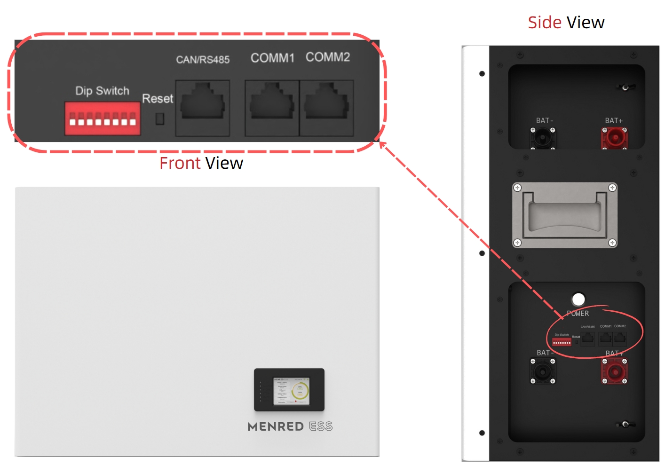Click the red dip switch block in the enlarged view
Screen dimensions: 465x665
coord(103,118)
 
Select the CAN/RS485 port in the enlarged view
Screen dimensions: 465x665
coord(203,108)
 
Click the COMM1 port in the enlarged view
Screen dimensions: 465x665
coord(272,108)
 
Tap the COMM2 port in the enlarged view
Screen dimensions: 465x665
coord(326,108)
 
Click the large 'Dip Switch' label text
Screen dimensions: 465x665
coord(102,91)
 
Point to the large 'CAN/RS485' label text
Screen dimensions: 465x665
coord(203,60)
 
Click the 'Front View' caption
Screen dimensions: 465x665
coord(201,163)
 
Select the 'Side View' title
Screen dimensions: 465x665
coord(566,23)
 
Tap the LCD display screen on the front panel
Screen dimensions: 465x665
coord(291,390)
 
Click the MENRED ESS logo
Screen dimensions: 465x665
coord(290,426)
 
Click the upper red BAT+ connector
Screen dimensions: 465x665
coord(614,138)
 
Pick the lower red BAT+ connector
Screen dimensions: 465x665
coord(614,371)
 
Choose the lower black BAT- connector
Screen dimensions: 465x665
coord(543,371)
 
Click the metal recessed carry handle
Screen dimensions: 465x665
coord(564,215)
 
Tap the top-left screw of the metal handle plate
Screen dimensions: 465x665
coord(517,188)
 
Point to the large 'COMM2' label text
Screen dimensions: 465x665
coord(328,57)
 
